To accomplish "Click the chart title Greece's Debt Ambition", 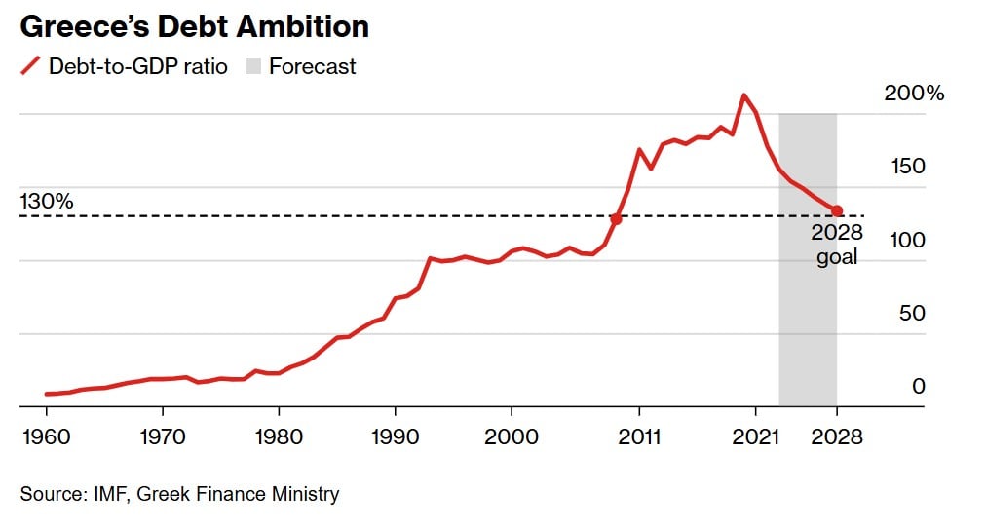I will click(195, 26).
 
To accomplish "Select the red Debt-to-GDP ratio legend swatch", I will click(31, 66).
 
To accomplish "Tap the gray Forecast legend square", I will click(252, 66).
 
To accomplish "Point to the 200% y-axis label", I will click(914, 94).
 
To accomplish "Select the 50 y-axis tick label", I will click(910, 313).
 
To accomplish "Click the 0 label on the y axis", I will click(918, 386).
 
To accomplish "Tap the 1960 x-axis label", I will click(46, 436).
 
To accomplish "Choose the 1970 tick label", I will click(163, 436).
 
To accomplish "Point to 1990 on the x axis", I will click(395, 436).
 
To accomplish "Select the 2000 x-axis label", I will click(512, 436).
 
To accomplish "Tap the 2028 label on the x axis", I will click(837, 436).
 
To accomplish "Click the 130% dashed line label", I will click(47, 202).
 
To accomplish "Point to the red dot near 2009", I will click(616, 219).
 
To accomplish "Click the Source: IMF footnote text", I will click(180, 494).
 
